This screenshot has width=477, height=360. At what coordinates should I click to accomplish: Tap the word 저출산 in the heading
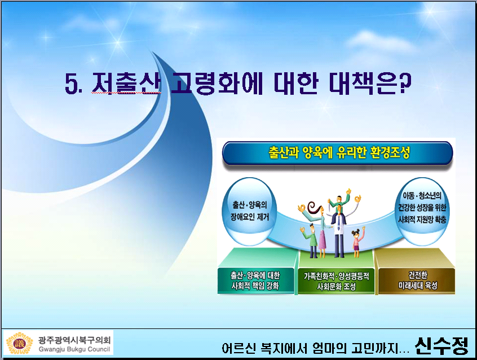(126, 82)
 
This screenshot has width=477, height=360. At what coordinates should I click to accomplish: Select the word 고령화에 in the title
(217, 82)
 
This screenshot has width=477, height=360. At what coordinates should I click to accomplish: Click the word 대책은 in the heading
(364, 82)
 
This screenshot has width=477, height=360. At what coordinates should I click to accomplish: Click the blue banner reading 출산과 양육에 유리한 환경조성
(337, 153)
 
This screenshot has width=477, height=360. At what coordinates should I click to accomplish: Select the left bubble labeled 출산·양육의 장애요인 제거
(249, 212)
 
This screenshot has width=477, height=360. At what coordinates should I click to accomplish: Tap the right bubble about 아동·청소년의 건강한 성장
(422, 212)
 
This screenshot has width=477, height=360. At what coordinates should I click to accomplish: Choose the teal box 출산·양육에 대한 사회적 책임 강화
(256, 281)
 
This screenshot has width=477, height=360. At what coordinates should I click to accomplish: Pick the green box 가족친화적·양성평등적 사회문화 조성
(336, 281)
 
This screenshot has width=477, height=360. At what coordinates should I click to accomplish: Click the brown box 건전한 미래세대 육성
(417, 281)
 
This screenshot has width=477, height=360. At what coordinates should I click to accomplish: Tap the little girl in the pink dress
(357, 243)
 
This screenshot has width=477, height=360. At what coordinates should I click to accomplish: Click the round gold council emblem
(19, 344)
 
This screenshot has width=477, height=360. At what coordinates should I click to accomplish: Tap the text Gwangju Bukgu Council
(74, 349)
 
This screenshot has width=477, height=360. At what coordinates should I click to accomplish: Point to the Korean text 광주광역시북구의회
(74, 340)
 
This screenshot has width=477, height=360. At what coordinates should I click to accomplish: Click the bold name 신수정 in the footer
(441, 346)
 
